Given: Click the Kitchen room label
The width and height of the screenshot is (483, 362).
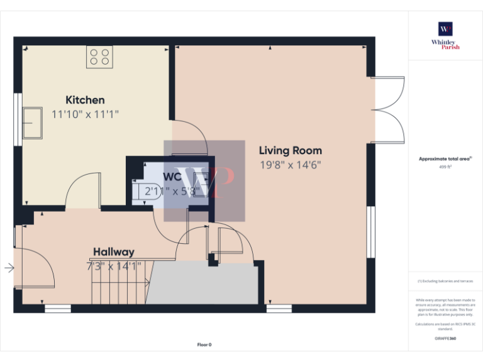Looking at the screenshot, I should click(x=85, y=100).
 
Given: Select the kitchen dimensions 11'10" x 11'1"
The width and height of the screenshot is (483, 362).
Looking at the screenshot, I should click(x=85, y=114).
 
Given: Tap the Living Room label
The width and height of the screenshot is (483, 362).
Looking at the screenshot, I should click(x=291, y=151).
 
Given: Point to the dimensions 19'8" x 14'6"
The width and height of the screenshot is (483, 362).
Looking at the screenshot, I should click(x=291, y=165).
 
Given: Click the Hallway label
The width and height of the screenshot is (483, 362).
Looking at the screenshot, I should click(x=114, y=252).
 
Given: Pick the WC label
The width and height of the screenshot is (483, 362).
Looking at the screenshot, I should click(x=173, y=177).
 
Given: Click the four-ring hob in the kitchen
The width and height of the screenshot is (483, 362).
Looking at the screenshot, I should click(x=99, y=57).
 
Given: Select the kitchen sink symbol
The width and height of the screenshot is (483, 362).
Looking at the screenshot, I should click(x=32, y=123).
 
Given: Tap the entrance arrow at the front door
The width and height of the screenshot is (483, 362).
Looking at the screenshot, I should click(x=9, y=268).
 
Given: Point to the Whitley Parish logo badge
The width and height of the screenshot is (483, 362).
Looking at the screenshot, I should click(x=445, y=29).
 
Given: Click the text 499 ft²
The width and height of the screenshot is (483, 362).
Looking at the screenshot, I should click(x=445, y=167).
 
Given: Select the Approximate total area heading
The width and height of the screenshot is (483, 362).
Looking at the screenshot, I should click(x=445, y=159).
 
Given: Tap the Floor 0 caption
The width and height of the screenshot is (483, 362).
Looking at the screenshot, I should click(x=204, y=344).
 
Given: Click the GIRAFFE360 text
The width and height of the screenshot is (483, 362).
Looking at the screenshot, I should click(x=445, y=339).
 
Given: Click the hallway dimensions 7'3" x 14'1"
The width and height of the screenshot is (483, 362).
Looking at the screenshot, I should click(x=114, y=266).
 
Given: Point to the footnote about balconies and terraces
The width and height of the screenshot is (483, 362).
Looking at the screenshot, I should click(x=445, y=281).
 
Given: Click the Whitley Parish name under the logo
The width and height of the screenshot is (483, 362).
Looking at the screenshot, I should click(x=445, y=45).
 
